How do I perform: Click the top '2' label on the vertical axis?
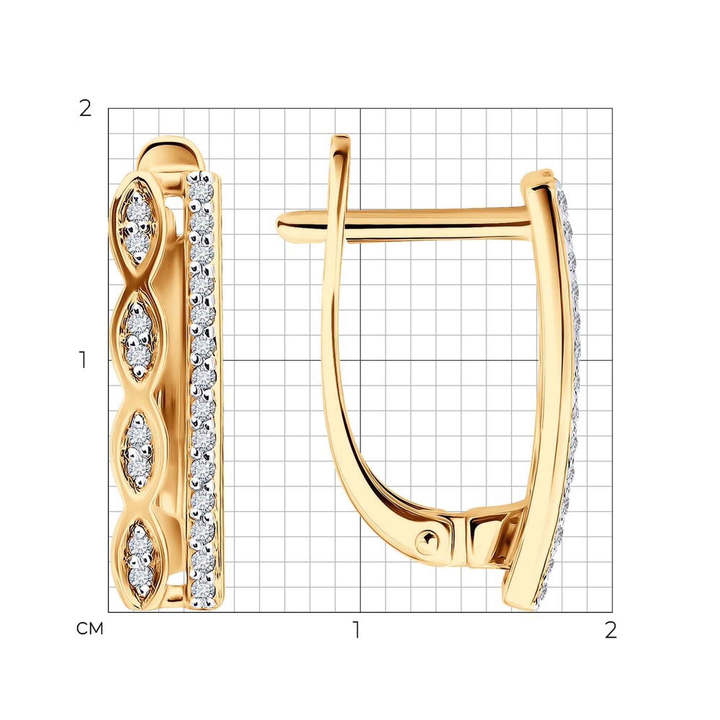click(x=85, y=109)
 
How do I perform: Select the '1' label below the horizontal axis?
click(x=357, y=630)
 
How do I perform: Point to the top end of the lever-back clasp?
click(x=341, y=137)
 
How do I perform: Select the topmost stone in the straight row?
click(x=201, y=192)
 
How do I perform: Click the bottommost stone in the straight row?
click(x=203, y=590)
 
